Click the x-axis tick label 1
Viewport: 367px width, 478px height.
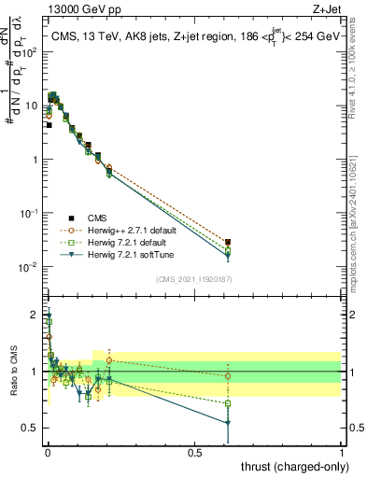(341, 452)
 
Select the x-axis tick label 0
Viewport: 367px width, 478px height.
(47, 452)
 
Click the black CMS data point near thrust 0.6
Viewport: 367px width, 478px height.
(228, 243)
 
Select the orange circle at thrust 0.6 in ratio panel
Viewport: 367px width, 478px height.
(228, 376)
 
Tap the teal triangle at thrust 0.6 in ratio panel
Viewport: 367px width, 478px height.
(228, 423)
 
